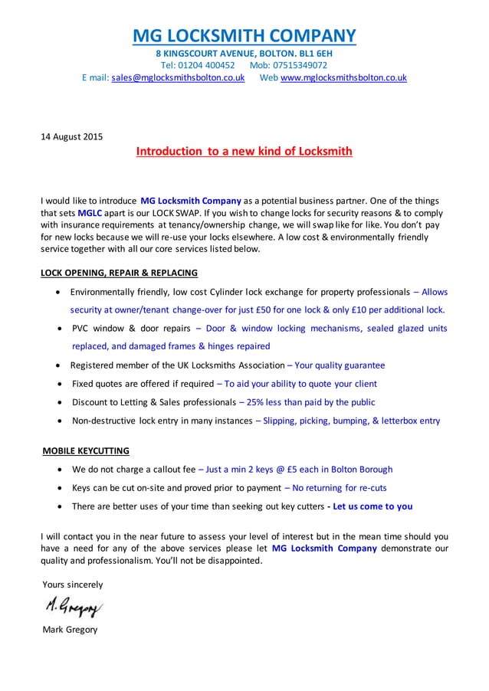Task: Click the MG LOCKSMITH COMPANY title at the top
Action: coord(244,36)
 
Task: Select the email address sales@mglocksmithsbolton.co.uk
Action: coord(178,78)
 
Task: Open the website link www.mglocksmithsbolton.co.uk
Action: coord(343,78)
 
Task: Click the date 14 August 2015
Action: coord(71,137)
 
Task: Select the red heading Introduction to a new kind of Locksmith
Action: coord(244,152)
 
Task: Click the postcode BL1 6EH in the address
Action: coord(313,54)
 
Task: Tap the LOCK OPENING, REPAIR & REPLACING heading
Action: coord(119,273)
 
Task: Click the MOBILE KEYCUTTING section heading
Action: coord(86,450)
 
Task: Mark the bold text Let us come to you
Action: coord(372,506)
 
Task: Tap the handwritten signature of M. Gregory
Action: coord(73,608)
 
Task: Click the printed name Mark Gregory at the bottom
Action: coord(70,630)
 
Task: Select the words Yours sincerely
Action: coord(73,585)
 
